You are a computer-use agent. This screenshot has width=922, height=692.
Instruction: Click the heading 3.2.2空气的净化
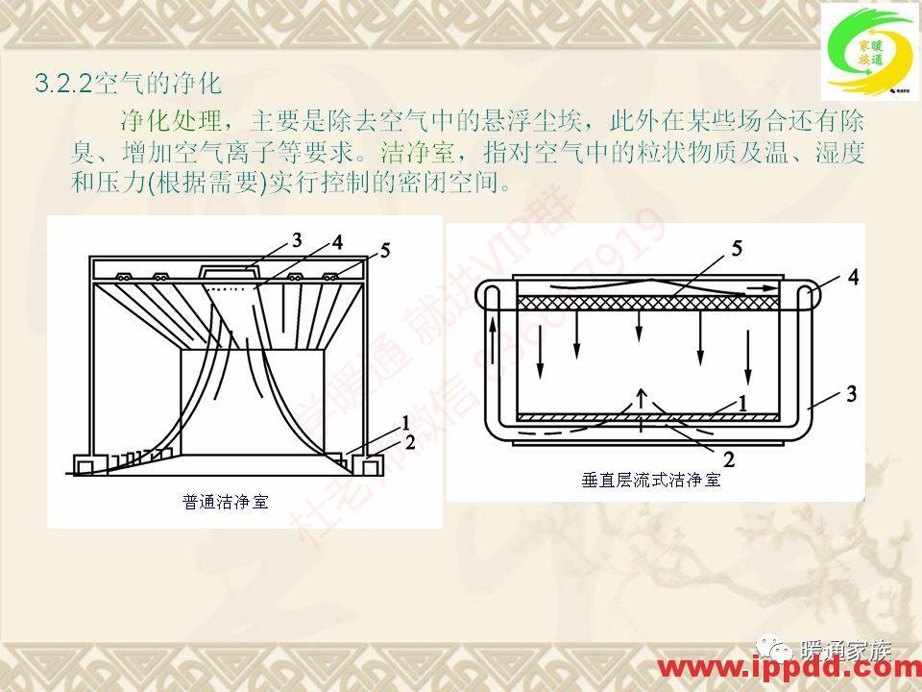[x=129, y=84]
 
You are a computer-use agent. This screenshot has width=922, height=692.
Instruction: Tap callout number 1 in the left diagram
[x=407, y=422]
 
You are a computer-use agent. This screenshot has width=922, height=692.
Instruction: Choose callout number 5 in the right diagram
[x=736, y=248]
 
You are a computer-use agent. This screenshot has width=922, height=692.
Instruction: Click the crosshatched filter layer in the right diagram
[x=653, y=302]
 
